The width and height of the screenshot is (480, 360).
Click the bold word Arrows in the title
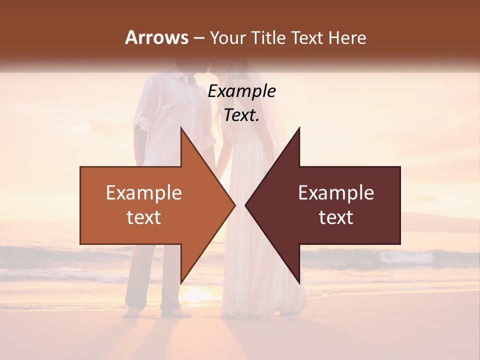[157, 37]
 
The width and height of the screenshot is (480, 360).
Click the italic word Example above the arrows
[241, 91]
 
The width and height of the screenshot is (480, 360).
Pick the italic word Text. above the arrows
[241, 115]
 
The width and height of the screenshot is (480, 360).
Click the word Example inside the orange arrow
[143, 193]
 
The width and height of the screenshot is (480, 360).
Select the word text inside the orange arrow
[143, 217]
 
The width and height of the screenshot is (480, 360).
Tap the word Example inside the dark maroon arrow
[336, 193]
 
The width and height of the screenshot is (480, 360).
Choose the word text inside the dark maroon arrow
[336, 217]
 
